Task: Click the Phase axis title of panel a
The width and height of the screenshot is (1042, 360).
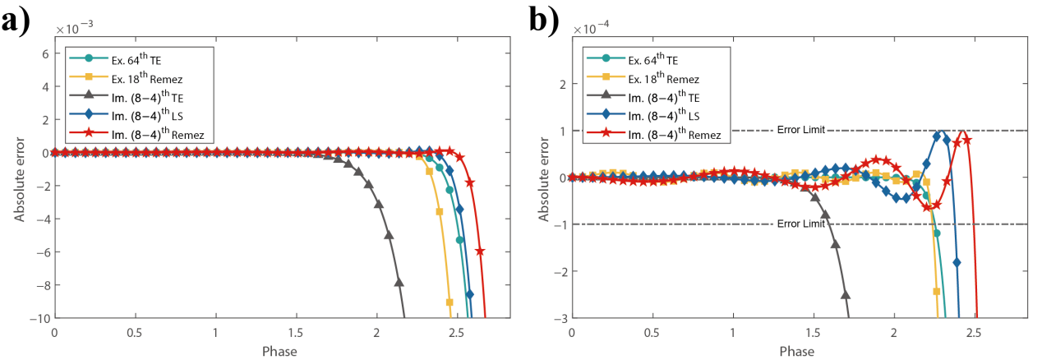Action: (x=280, y=352)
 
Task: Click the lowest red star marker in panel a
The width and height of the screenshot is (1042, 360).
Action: (x=480, y=252)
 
